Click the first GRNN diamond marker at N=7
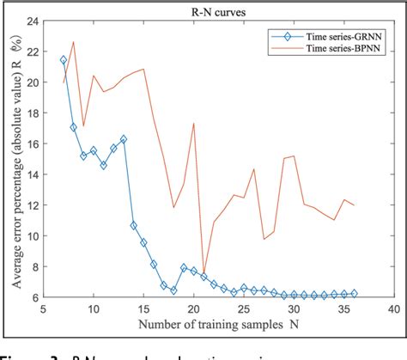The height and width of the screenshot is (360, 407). tap(64, 60)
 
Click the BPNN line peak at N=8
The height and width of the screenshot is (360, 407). tap(73, 42)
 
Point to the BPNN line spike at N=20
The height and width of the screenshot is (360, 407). tap(194, 123)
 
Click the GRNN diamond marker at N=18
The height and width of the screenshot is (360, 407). tap(173, 290)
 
